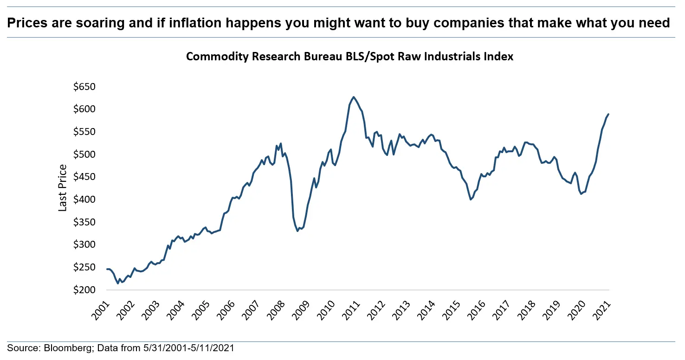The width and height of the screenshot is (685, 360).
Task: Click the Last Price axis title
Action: click(63, 188)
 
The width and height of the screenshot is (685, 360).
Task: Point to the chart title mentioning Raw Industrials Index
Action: click(349, 56)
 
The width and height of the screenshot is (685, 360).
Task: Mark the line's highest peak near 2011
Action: click(354, 97)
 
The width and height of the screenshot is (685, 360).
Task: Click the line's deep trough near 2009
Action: click(297, 231)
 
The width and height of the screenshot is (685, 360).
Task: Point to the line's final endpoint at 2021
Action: click(608, 114)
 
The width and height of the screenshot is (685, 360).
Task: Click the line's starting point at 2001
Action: click(107, 269)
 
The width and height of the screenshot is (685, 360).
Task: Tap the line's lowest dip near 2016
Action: click(471, 199)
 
